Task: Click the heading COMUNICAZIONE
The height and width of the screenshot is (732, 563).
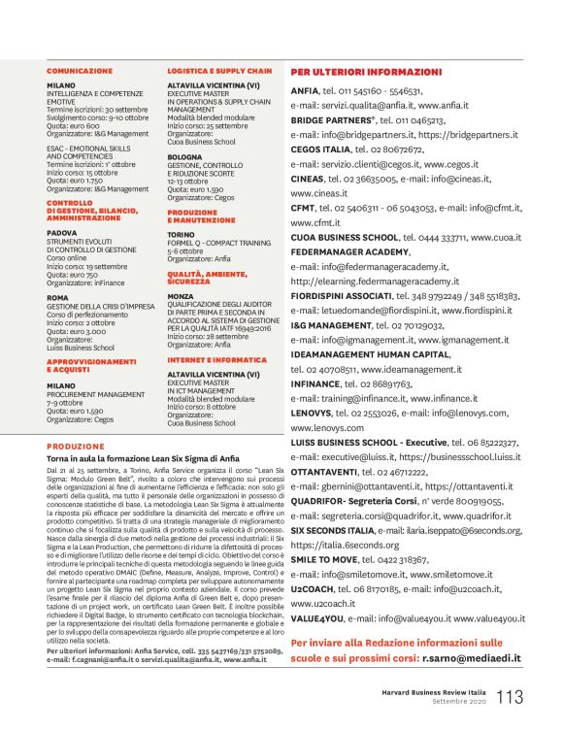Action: pos(80,72)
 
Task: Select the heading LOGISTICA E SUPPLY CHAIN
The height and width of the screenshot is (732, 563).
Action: pos(219,72)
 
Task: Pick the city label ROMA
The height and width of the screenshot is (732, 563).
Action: pos(58,297)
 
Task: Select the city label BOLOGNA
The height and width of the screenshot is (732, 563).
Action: pos(185,155)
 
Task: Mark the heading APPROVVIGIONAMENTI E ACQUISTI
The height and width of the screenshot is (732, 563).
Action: pos(92,364)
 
